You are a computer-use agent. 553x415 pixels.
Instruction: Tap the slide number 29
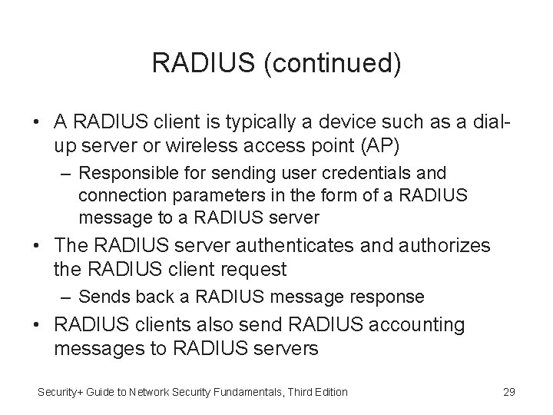pyautogui.click(x=508, y=392)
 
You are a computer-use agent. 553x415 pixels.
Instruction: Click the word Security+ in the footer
pyautogui.click(x=62, y=392)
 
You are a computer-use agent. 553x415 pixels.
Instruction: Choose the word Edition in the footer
pyautogui.click(x=329, y=392)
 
